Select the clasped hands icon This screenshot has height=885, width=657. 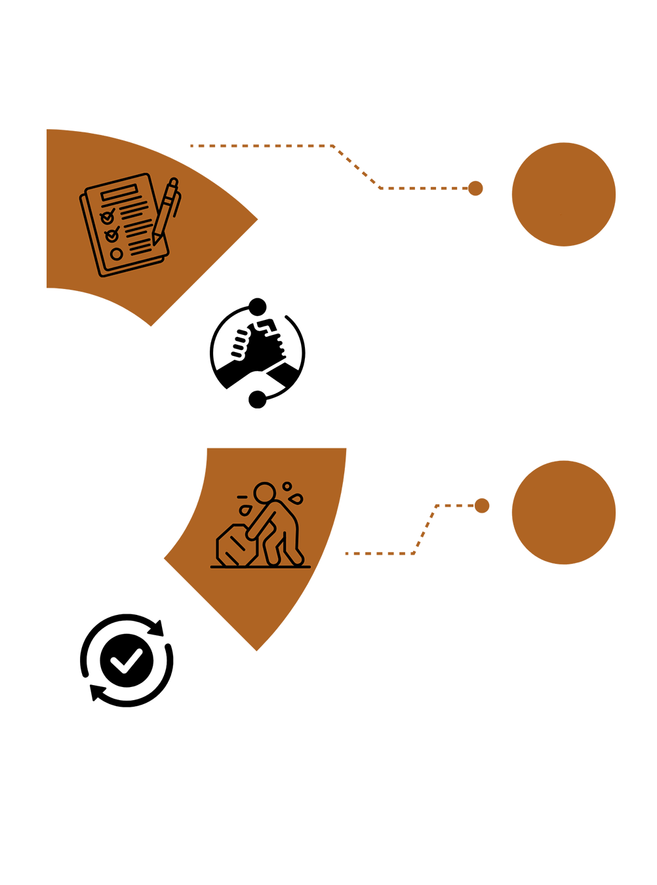258,353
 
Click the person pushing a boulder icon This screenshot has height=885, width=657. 262,528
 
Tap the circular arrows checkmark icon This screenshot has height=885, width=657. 127,660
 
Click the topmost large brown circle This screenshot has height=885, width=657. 563,194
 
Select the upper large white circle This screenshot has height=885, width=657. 563,353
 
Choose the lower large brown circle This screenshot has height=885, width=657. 563,512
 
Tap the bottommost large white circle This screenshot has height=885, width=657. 563,671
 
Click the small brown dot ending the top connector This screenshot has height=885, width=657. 475,189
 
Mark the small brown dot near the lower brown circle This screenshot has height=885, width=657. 482,505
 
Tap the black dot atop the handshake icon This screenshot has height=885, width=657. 258,306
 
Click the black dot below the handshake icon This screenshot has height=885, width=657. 258,399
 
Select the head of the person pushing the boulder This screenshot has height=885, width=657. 265,493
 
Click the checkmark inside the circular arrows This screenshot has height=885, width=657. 127,661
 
